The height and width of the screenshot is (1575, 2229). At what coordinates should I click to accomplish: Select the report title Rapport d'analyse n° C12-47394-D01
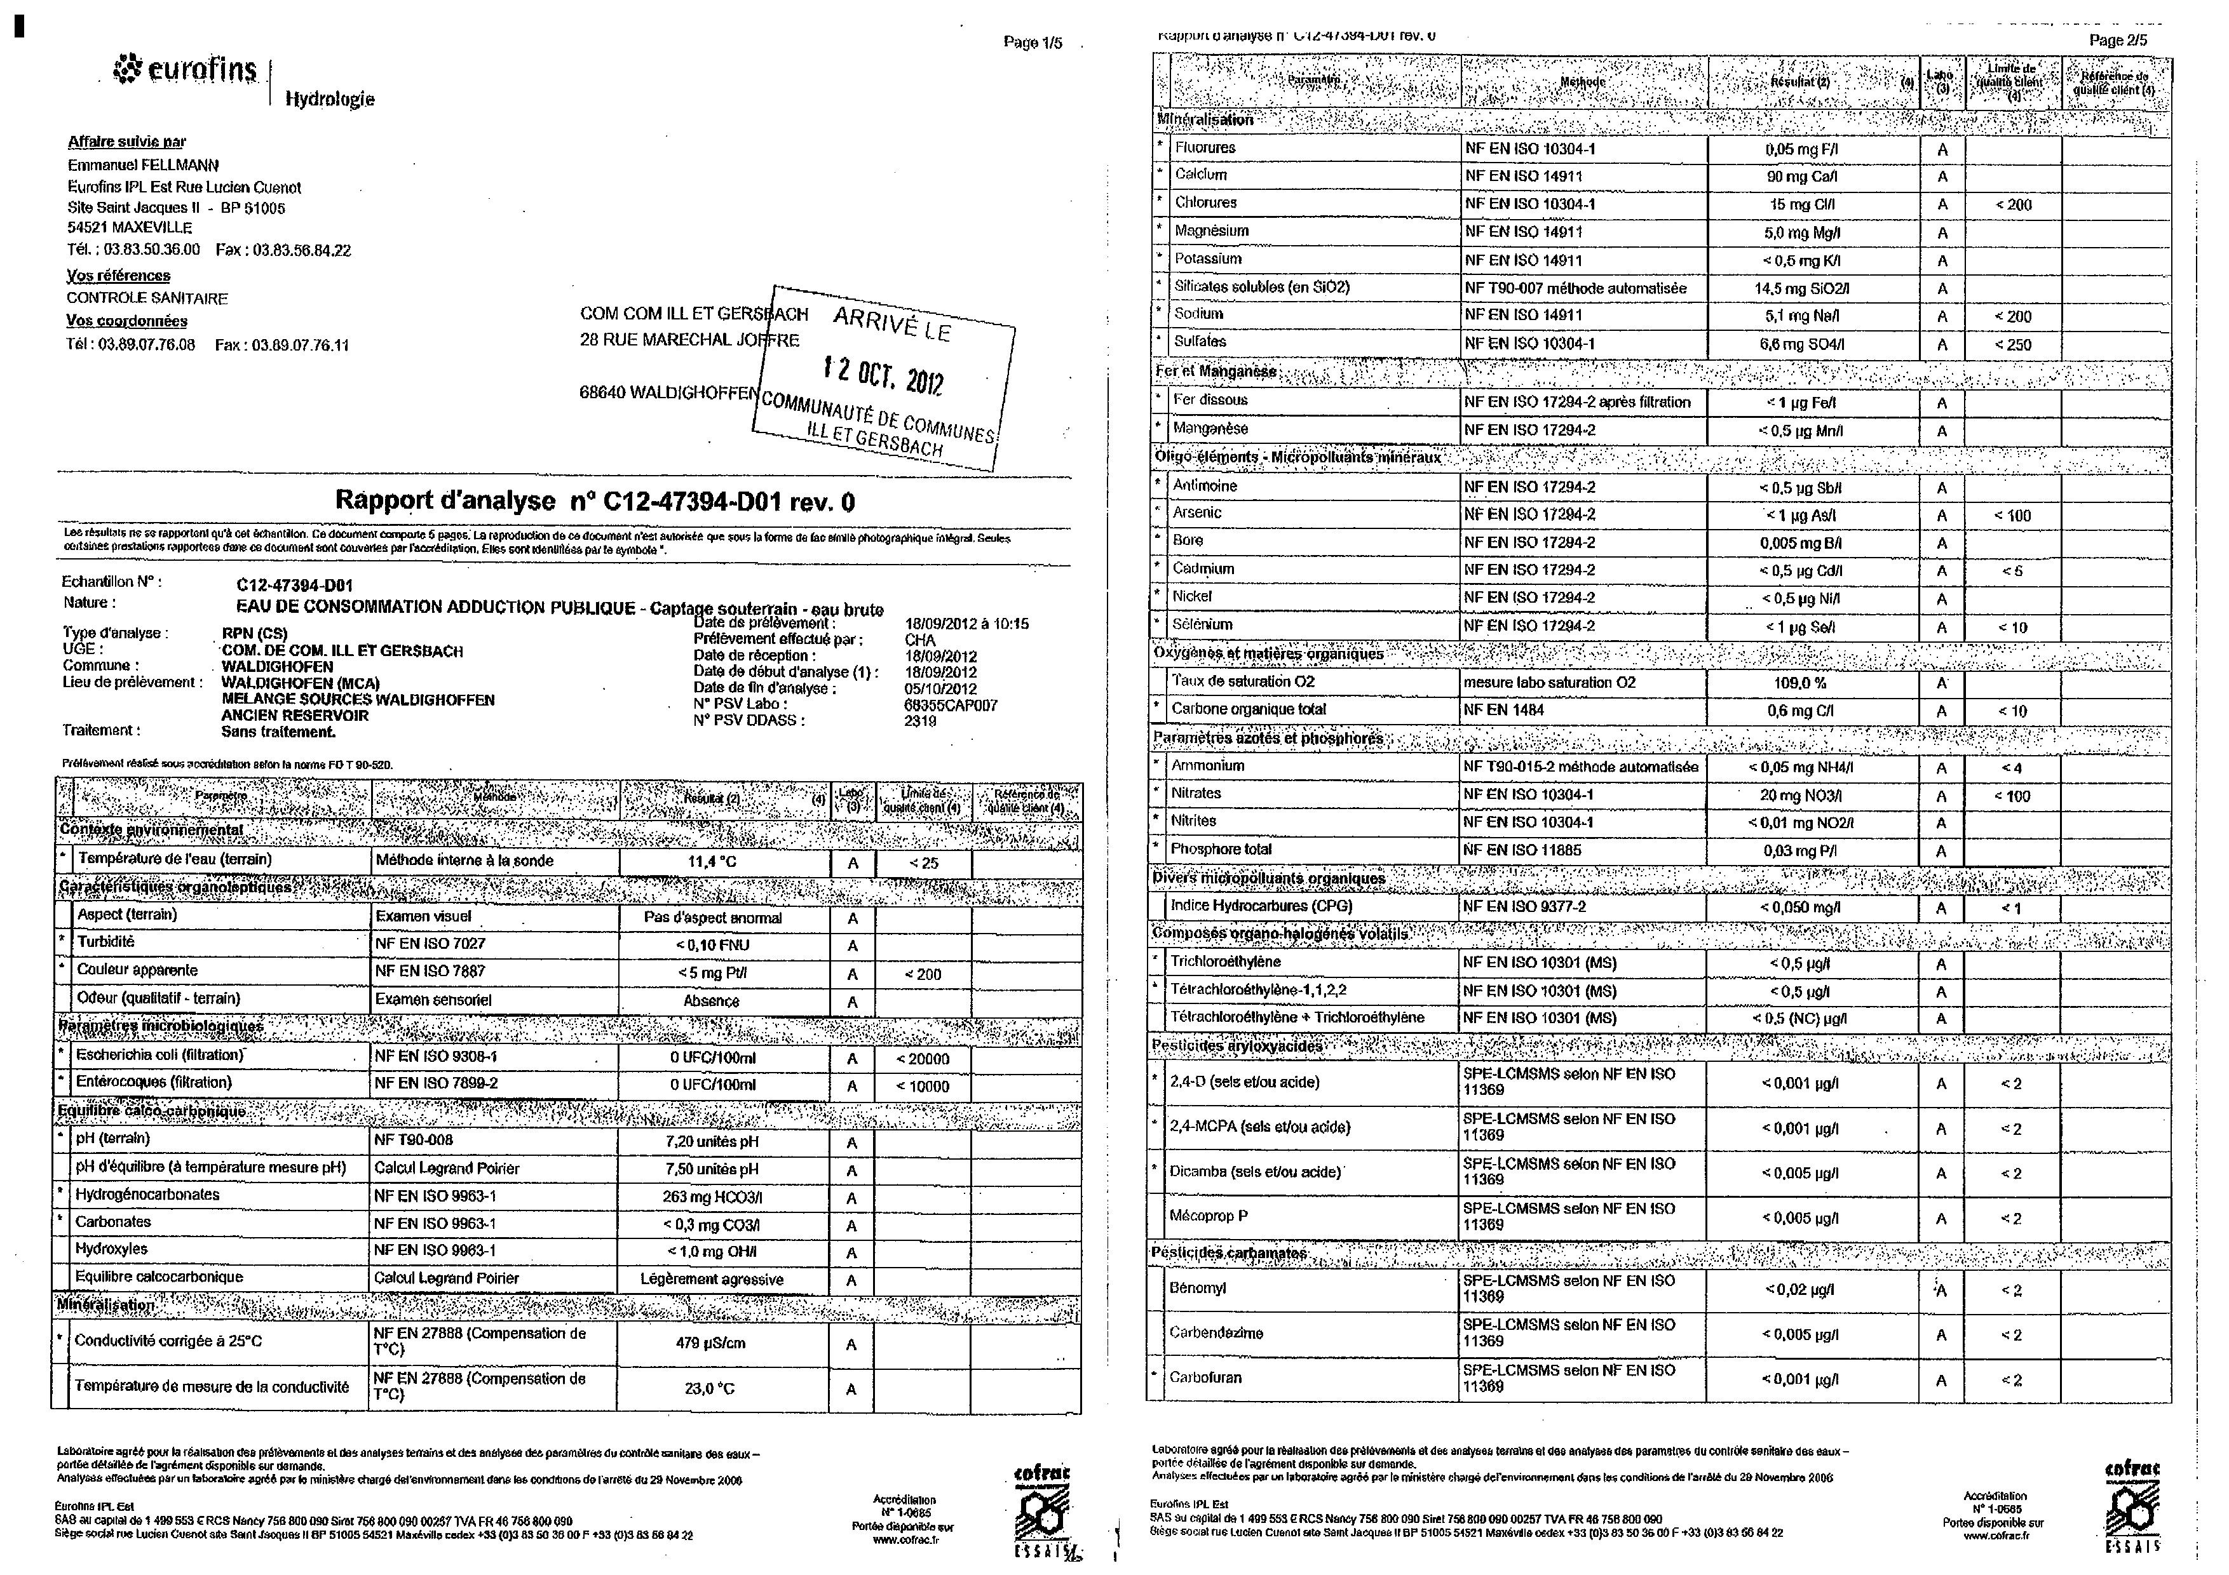594,500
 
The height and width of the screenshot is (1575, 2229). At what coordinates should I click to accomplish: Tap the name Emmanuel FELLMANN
144,165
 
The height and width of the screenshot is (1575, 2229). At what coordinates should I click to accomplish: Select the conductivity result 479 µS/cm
710,1343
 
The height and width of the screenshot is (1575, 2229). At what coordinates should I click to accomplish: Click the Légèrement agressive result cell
712,1279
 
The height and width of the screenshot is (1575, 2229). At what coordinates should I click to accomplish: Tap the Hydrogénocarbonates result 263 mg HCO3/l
712,1196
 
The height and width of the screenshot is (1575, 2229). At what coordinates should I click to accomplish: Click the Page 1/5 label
1033,43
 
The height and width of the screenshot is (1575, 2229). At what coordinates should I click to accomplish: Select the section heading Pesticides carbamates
1229,1253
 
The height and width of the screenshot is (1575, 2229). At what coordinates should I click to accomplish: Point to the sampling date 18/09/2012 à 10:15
966,624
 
